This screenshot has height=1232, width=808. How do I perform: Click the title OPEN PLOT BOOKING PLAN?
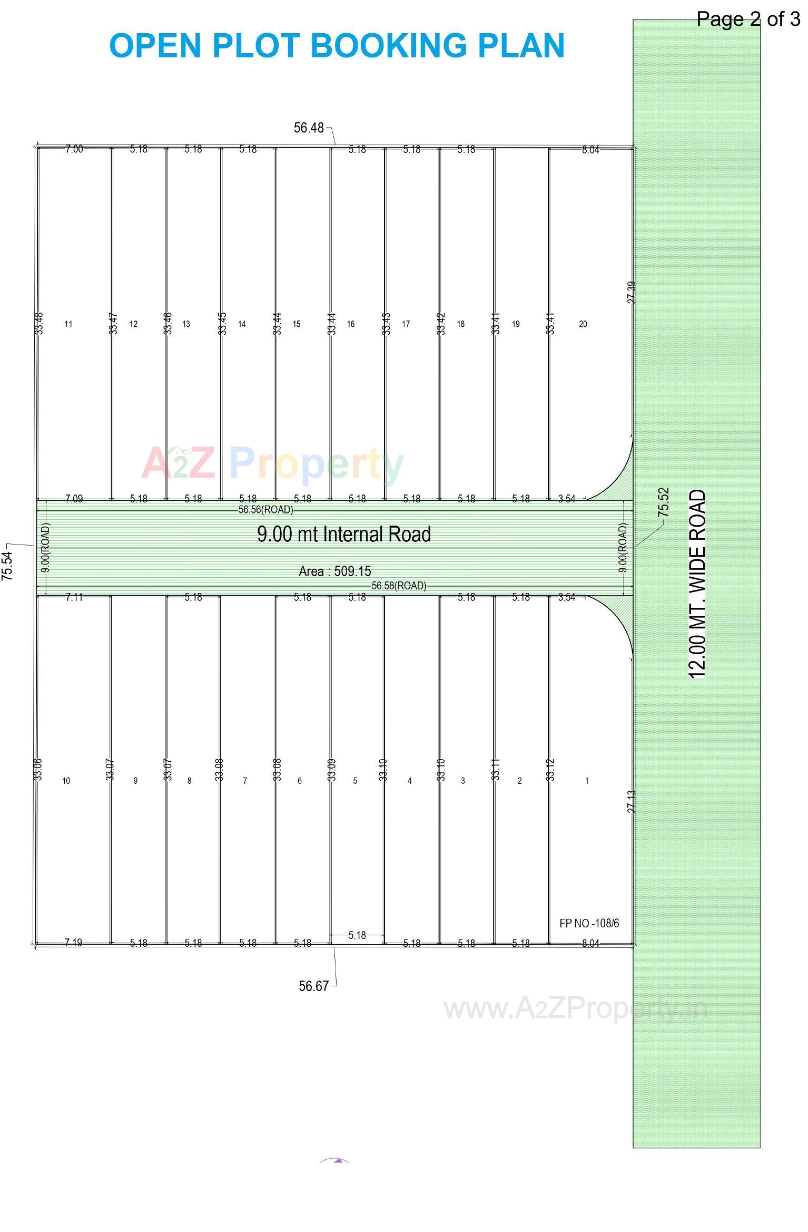tap(337, 45)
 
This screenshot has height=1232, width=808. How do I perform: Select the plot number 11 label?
tap(68, 324)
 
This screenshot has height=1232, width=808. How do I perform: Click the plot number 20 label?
tap(583, 324)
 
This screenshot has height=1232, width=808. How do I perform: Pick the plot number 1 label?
tap(587, 781)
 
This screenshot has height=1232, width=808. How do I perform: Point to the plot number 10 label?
tap(66, 781)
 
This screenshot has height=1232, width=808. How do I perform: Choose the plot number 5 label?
tap(354, 781)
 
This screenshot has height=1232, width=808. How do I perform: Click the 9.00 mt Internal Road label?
tap(343, 534)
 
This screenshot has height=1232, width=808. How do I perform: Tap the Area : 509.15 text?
tap(334, 571)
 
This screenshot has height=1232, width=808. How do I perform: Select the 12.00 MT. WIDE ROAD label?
tap(697, 584)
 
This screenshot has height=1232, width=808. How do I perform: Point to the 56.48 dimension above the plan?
tap(309, 128)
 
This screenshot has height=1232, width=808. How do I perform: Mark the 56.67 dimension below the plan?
tap(313, 986)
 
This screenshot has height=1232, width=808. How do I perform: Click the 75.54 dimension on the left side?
tap(7, 566)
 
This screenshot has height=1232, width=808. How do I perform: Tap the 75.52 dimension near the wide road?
tap(663, 501)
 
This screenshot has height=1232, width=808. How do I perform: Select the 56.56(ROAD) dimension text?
tap(265, 510)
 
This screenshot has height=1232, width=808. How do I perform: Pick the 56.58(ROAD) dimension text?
tap(399, 586)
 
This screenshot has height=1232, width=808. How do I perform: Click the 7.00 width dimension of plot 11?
tap(74, 149)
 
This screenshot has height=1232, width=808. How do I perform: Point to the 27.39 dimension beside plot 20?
tap(632, 292)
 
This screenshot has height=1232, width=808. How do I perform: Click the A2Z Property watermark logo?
tap(272, 463)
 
